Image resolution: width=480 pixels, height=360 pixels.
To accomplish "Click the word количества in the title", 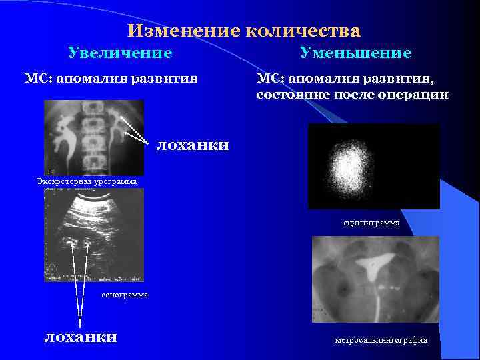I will [303, 31].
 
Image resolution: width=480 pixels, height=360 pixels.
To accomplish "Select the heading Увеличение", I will [120, 52].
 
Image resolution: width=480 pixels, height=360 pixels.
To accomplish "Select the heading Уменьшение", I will [355, 52].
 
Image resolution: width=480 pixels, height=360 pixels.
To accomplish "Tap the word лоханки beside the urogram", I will [193, 144].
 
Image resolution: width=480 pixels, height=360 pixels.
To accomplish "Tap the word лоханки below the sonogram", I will [80, 336].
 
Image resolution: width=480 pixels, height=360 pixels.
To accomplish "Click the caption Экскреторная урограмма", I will [87, 181].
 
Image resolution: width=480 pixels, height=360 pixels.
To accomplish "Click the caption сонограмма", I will [125, 294].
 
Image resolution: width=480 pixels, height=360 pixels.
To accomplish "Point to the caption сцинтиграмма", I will [371, 223].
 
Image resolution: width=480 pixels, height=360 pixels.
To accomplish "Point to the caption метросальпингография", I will [381, 341].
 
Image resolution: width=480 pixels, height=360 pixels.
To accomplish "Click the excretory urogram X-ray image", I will [93, 137].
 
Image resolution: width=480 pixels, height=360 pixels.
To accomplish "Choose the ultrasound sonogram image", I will [93, 235].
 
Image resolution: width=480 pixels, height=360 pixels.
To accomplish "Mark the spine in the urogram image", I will [94, 137].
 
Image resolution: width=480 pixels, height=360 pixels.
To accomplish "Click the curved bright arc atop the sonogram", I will [100, 198].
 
